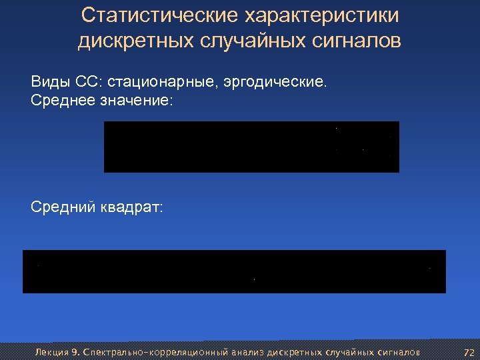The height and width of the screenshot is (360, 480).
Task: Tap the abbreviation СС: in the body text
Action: [88, 83]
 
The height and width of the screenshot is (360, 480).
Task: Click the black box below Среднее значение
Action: [251, 147]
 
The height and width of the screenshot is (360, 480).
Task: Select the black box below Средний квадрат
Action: [234, 271]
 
